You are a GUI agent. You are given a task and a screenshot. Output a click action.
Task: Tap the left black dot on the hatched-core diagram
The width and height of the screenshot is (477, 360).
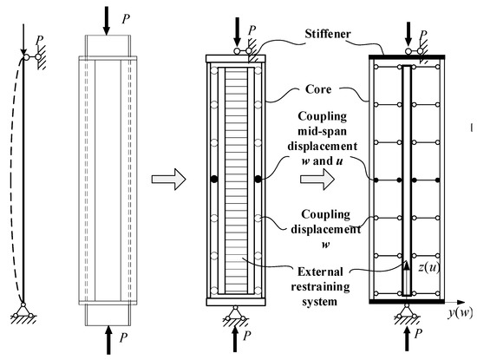coord(212,180)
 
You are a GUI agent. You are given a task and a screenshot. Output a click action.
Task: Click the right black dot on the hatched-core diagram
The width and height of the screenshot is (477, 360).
coord(259,180)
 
